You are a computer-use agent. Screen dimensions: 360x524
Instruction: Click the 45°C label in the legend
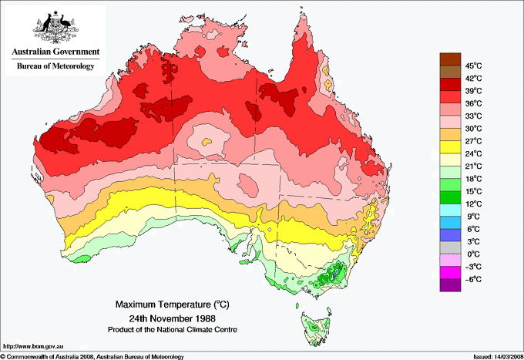(474, 66)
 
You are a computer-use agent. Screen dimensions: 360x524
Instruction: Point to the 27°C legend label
(474, 141)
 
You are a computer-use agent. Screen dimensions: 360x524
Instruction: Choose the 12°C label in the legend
(474, 204)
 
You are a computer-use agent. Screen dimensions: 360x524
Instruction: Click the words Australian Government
(55, 52)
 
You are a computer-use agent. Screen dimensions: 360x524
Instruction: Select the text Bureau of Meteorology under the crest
(55, 67)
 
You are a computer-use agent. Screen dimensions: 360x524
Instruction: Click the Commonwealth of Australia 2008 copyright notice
(92, 356)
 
